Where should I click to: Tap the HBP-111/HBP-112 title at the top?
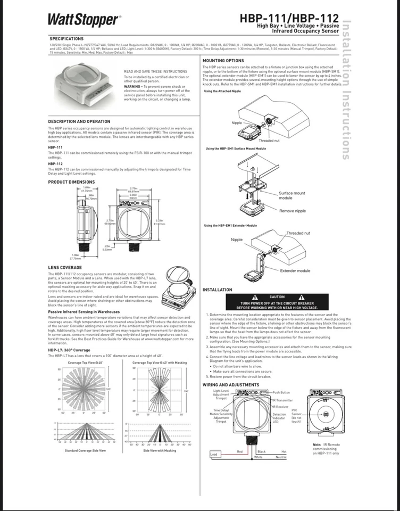coord(289,18)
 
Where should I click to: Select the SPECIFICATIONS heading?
coord(66,39)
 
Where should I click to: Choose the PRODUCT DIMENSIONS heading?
coord(71,182)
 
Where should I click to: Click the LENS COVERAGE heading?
coord(65,268)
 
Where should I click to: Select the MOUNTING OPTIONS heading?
coord(223,61)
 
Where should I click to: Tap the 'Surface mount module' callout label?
coord(292,195)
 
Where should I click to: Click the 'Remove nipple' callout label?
coord(293,211)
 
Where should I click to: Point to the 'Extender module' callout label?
coord(295,270)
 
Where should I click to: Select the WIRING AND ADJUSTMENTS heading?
coord(231,384)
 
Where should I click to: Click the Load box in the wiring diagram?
coord(214,454)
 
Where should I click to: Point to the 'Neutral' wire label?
coord(281,457)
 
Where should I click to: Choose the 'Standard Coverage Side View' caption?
coord(85,450)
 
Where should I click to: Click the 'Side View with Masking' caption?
coord(159,450)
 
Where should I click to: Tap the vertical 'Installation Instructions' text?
coord(346,90)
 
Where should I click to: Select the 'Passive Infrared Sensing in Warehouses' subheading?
coord(84,312)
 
